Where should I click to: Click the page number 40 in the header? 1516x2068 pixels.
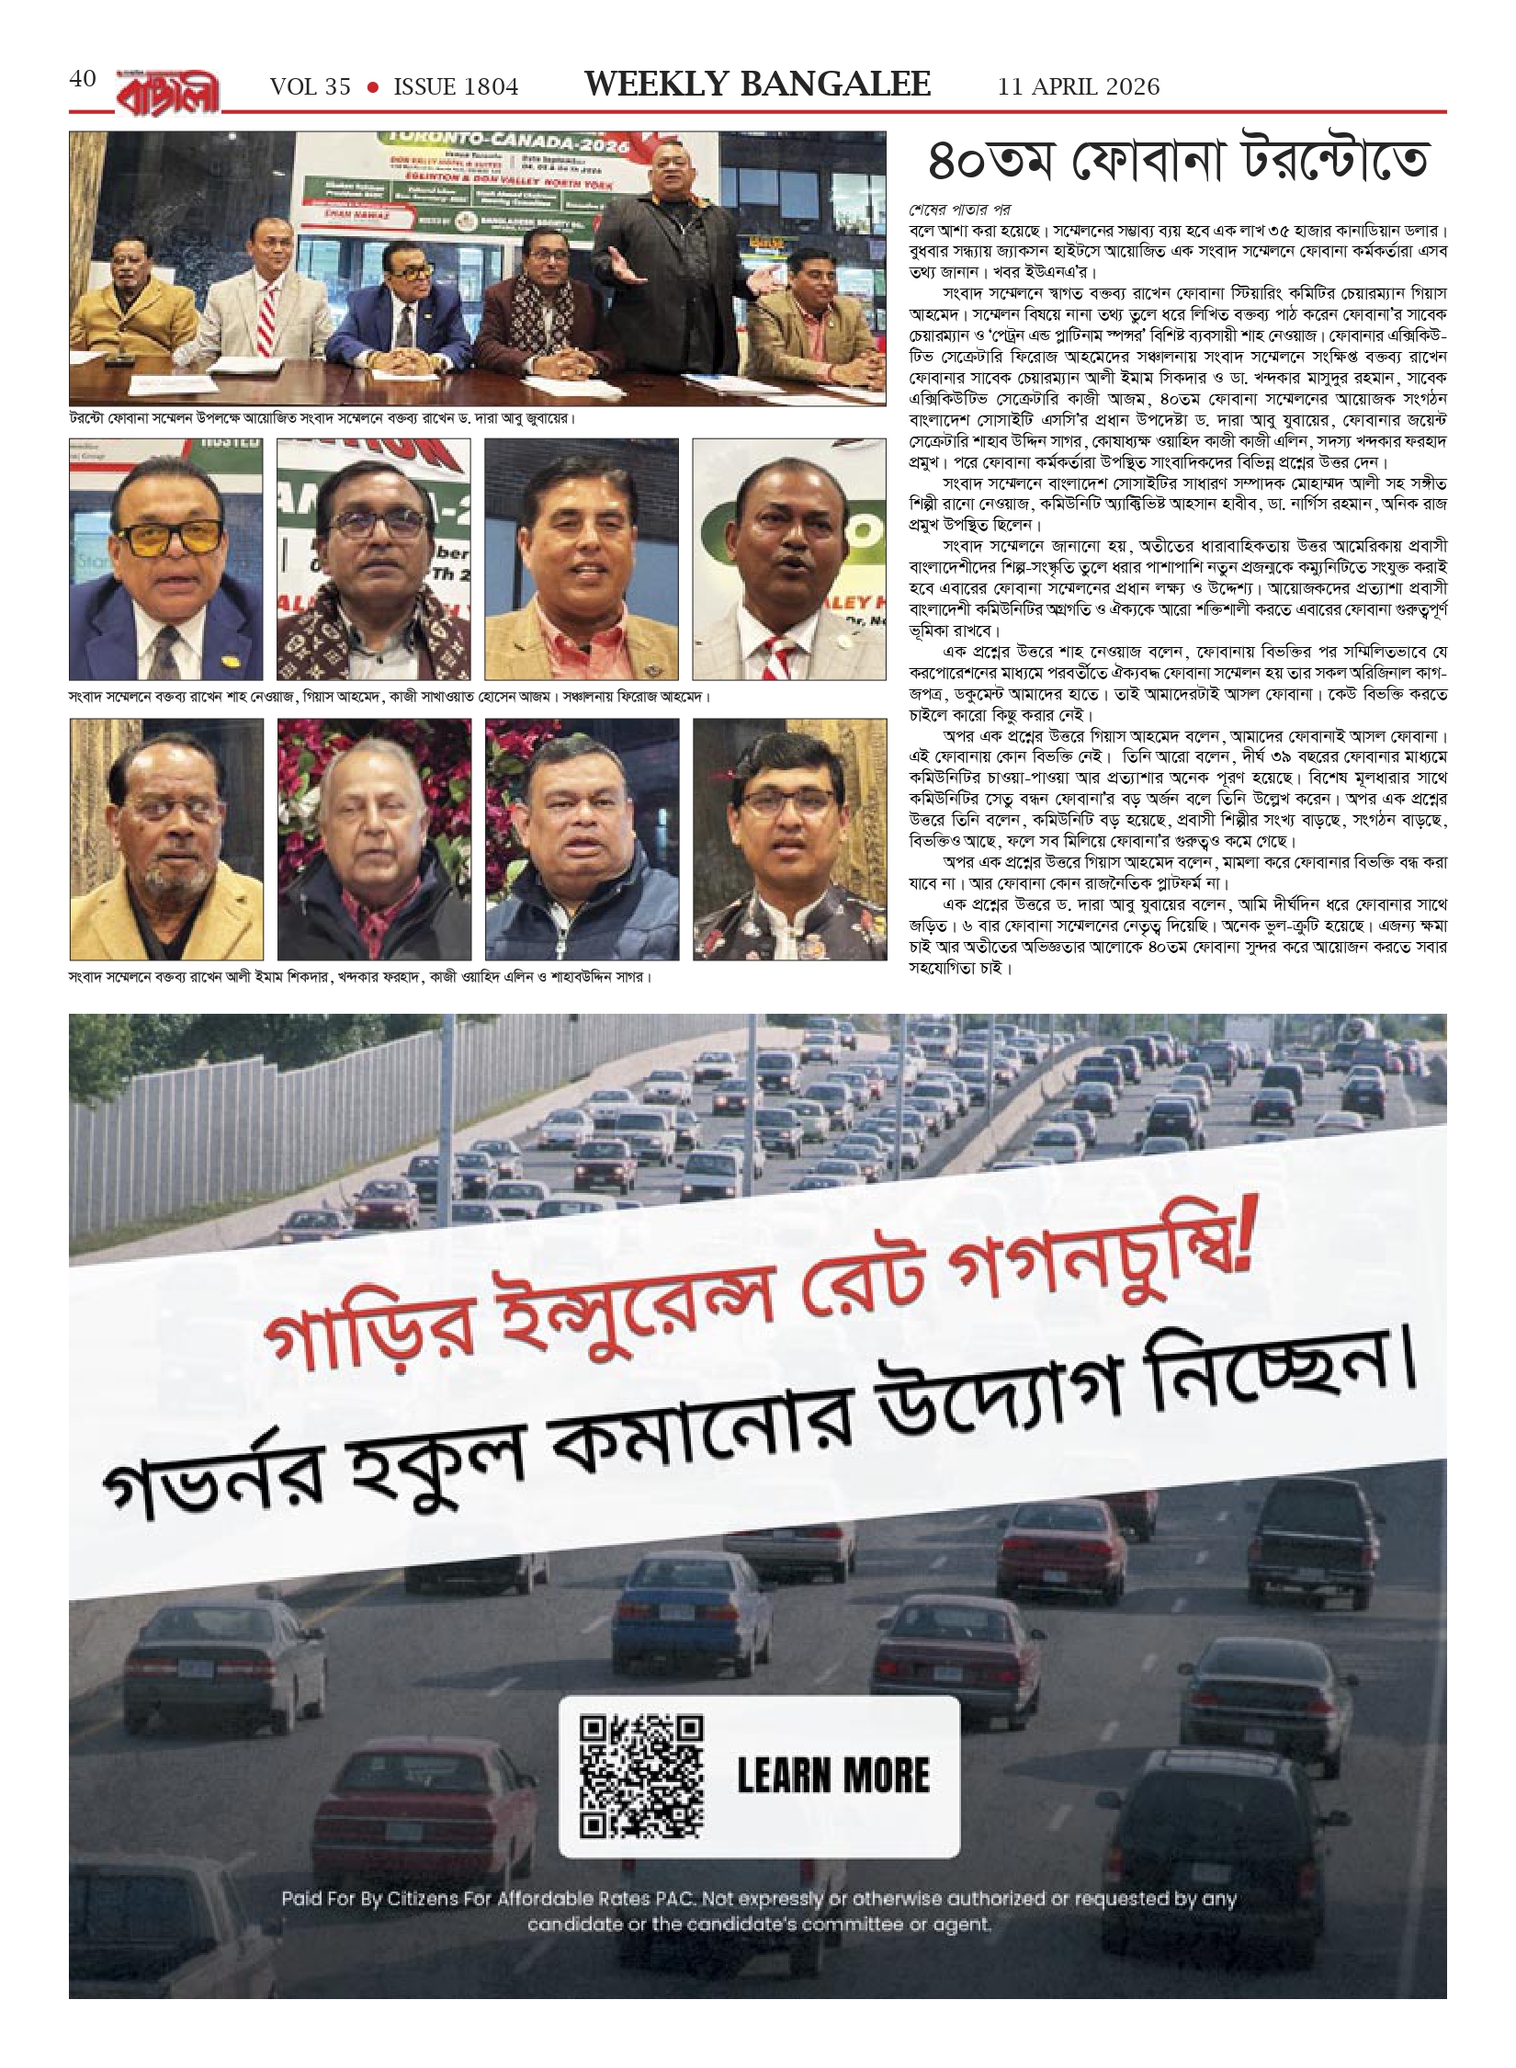coord(82,80)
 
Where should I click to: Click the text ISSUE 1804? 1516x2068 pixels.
coord(456,86)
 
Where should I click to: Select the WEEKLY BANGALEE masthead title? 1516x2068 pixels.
coord(758,85)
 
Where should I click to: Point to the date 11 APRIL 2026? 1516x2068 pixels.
coord(1079,86)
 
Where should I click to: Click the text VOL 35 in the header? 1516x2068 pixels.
coord(311,86)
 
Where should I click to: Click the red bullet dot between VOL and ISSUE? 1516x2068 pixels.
coord(372,87)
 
